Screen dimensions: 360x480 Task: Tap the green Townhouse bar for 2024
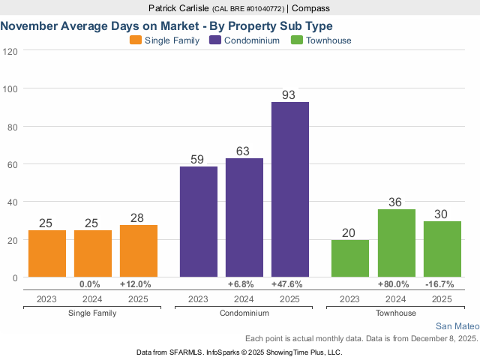point(396,243)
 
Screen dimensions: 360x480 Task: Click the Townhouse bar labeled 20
point(350,258)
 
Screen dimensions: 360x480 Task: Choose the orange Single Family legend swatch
point(135,40)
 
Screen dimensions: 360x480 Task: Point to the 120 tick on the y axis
point(10,51)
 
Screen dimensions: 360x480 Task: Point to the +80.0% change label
point(396,284)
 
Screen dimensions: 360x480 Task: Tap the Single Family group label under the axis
point(93,312)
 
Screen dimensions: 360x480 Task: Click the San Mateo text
point(457,326)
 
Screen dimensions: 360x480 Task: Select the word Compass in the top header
point(310,8)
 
